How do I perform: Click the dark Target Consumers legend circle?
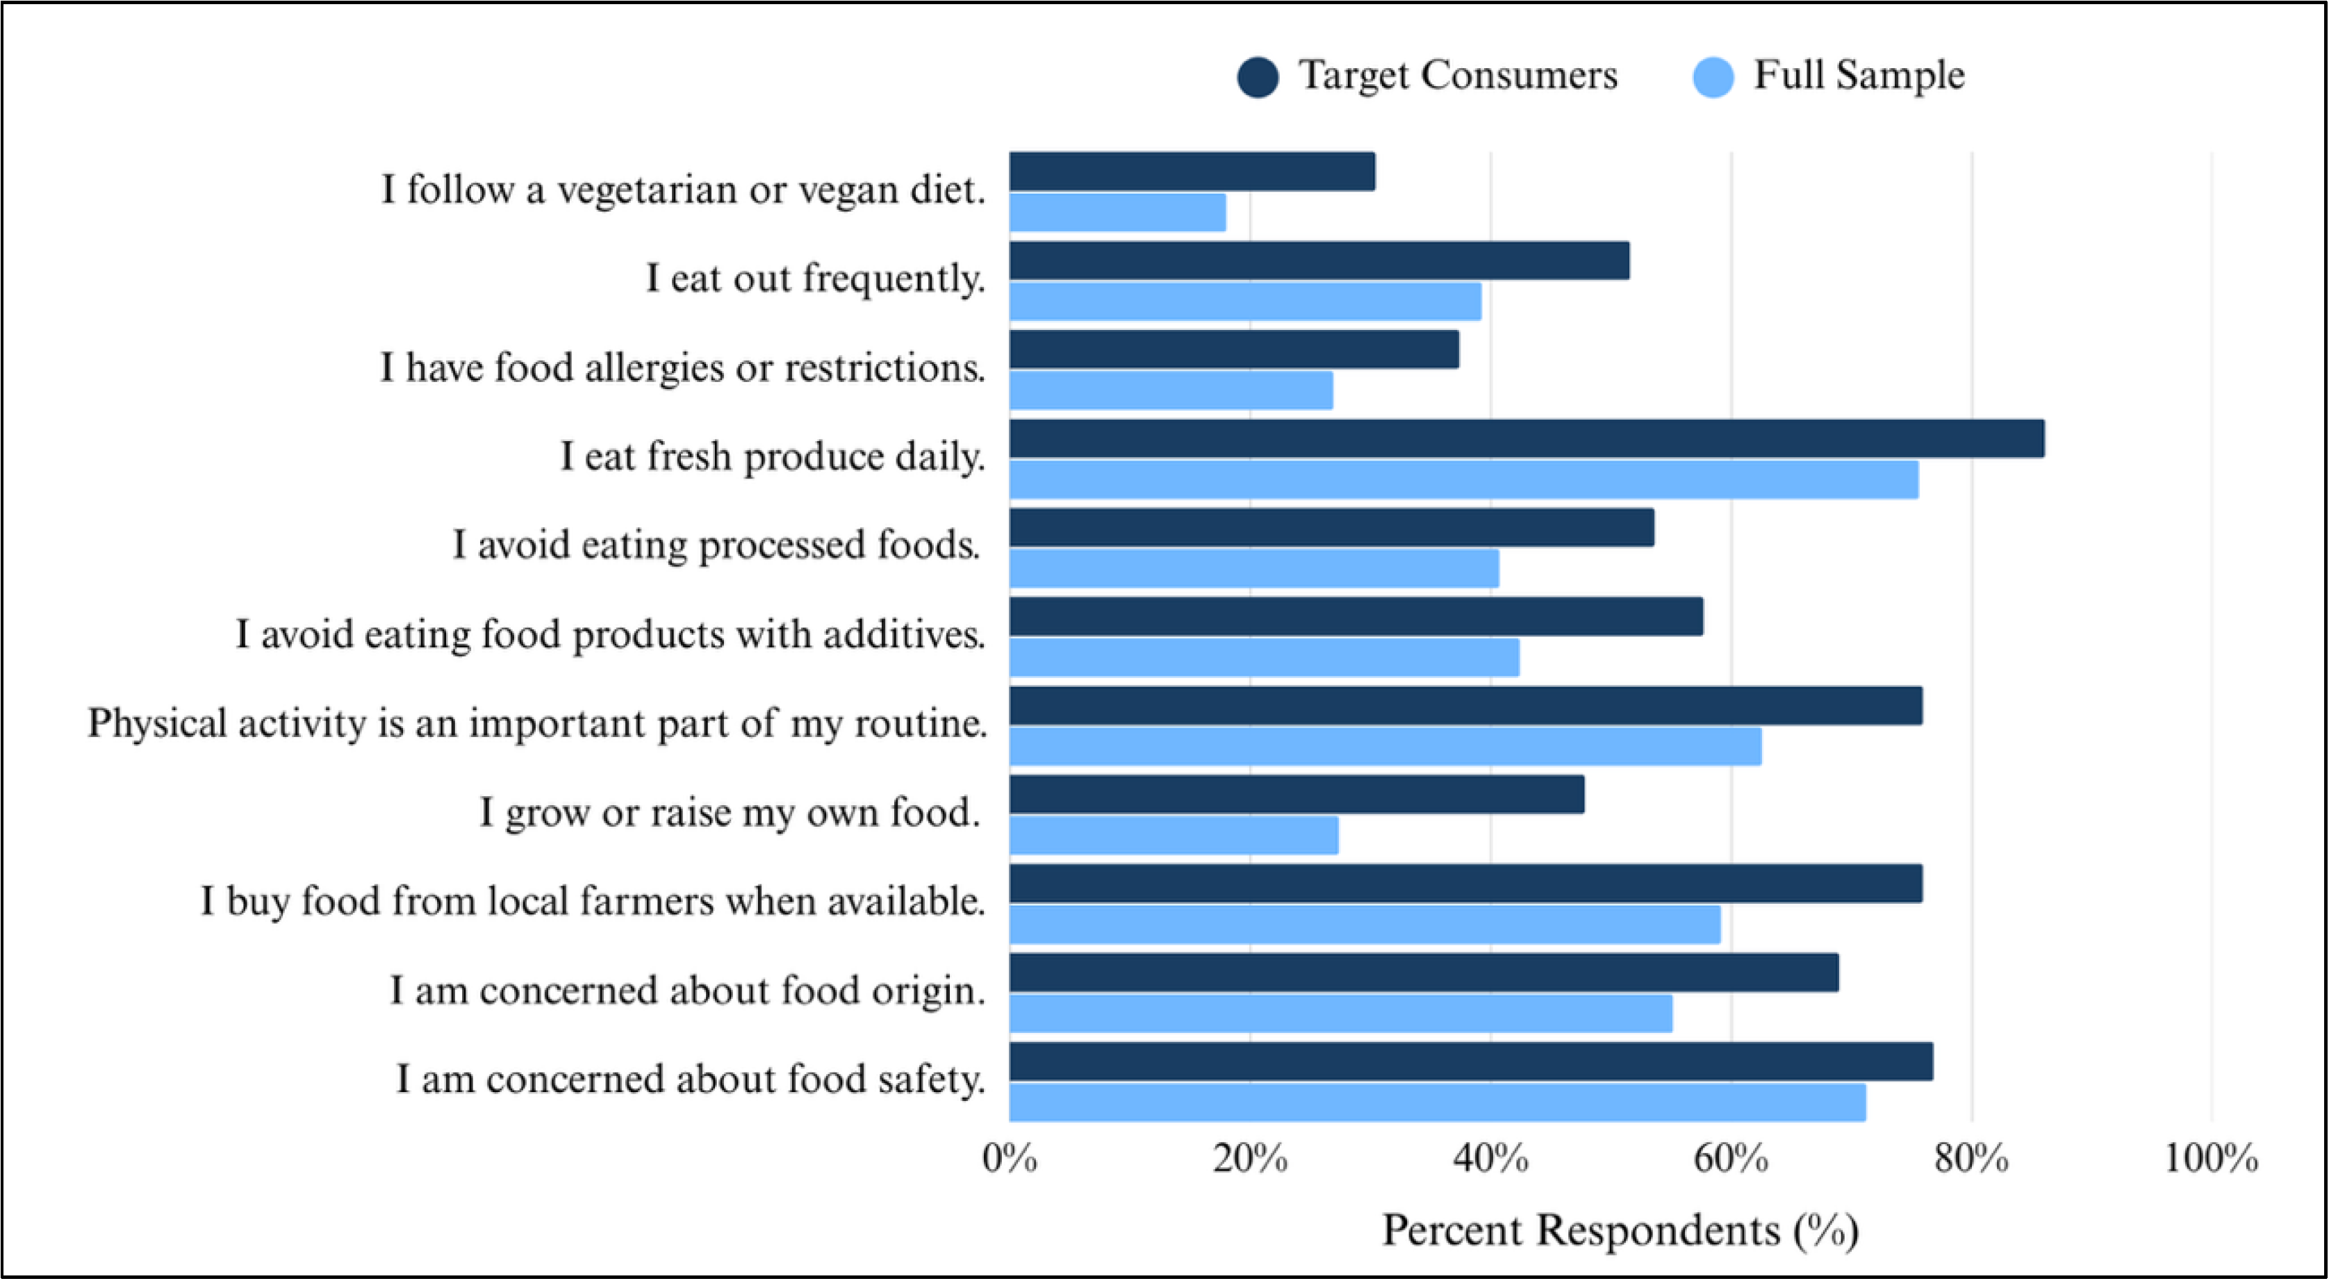[x=1258, y=77]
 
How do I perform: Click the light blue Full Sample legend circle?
[x=1713, y=77]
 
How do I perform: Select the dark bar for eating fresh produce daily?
[x=1526, y=438]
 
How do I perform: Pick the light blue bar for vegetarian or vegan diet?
[x=1117, y=213]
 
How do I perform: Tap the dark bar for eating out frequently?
[x=1319, y=261]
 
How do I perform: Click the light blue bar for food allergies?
[x=1171, y=390]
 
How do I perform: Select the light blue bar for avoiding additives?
[x=1264, y=657]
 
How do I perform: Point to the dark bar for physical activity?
[x=1465, y=705]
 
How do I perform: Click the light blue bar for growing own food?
[x=1174, y=835]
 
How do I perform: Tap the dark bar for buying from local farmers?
[x=1465, y=883]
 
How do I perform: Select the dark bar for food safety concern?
[x=1471, y=1061]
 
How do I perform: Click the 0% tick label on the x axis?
[x=1010, y=1158]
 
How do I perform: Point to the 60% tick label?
[x=1731, y=1158]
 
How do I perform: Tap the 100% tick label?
[x=2211, y=1158]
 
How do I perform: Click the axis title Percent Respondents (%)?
[x=1620, y=1230]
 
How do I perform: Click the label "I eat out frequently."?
[x=814, y=278]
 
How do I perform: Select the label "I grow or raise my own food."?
[x=730, y=812]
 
